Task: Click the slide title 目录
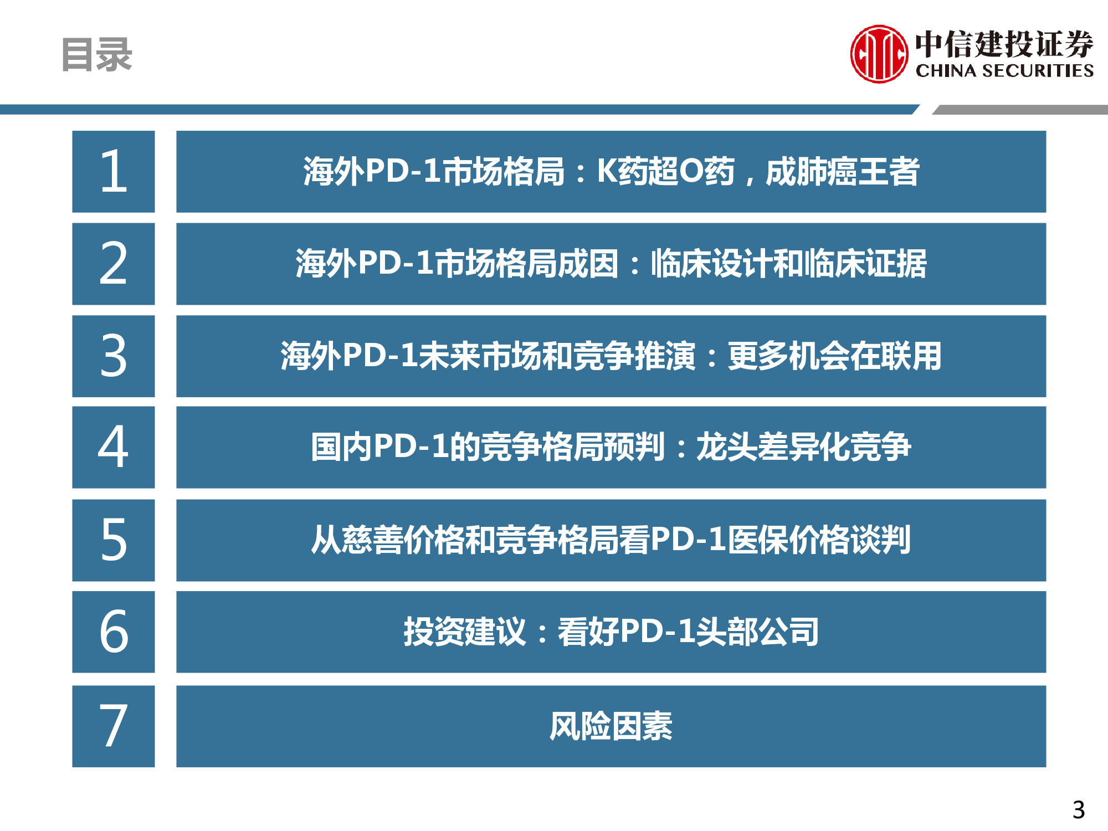[x=96, y=54]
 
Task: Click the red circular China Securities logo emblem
[x=879, y=54]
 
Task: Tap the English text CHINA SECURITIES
[x=1004, y=70]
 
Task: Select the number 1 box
[x=114, y=171]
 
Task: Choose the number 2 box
[x=114, y=264]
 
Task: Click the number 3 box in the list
[x=114, y=356]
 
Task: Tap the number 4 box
[x=114, y=447]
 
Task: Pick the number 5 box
[x=114, y=540]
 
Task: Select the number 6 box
[x=114, y=632]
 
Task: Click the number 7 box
[x=114, y=726]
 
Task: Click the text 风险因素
[x=611, y=726]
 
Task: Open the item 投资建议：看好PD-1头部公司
[x=611, y=632]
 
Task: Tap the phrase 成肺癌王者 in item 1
[x=842, y=171]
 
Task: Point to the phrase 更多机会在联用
[x=834, y=356]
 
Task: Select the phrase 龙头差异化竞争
[x=803, y=447]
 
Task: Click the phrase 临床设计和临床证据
[x=788, y=264]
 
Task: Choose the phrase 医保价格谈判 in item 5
[x=819, y=540]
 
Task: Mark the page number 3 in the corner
[x=1078, y=810]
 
